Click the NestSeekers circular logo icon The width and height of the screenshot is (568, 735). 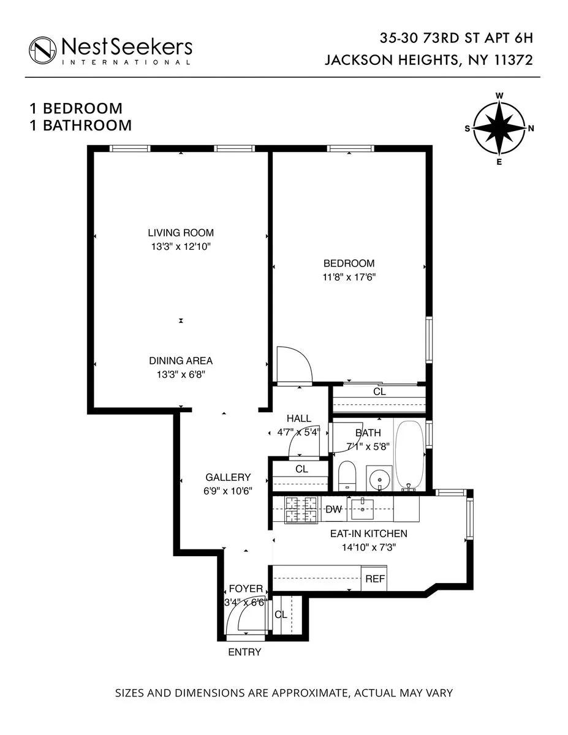[x=42, y=49]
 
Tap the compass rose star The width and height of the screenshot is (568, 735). [x=499, y=129]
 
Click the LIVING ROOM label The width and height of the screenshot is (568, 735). [x=181, y=233]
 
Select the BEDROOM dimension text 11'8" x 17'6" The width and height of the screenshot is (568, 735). [x=349, y=276]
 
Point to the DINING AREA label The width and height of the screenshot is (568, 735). [x=181, y=361]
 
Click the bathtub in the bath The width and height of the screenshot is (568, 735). [x=409, y=454]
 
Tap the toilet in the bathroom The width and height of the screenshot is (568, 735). [x=347, y=475]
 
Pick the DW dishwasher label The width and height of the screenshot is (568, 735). [x=333, y=509]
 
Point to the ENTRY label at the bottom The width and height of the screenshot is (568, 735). [x=244, y=652]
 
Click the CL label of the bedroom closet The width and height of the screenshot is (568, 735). [x=379, y=391]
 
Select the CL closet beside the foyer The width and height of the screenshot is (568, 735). [x=281, y=614]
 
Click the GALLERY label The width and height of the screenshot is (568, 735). [x=228, y=477]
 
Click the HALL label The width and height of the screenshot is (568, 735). [x=299, y=418]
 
